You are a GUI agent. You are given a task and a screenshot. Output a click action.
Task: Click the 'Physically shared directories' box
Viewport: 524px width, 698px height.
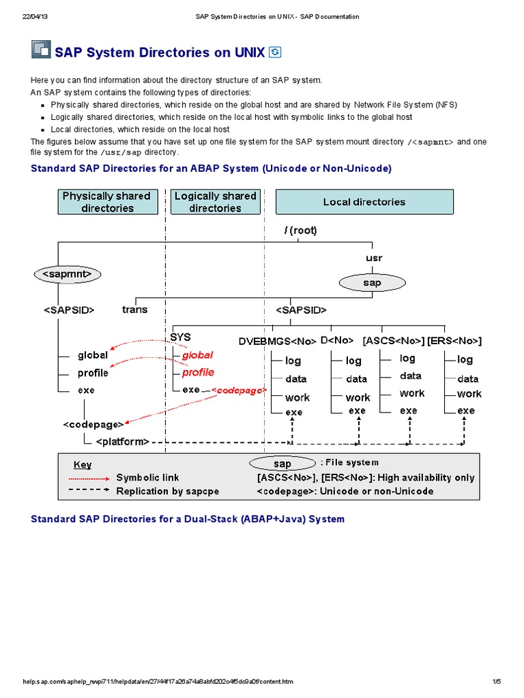pyautogui.click(x=106, y=202)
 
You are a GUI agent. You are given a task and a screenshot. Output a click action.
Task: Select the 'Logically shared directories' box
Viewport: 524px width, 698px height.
pyautogui.click(x=215, y=202)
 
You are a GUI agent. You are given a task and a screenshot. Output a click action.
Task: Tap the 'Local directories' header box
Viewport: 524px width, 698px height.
pyautogui.click(x=364, y=202)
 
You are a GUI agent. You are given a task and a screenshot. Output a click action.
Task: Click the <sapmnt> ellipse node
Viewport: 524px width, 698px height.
pyautogui.click(x=67, y=274)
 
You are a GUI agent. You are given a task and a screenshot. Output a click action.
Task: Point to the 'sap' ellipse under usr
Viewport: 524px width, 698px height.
pyautogui.click(x=372, y=282)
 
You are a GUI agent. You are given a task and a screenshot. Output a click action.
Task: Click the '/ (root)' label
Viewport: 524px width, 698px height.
pyautogui.click(x=301, y=230)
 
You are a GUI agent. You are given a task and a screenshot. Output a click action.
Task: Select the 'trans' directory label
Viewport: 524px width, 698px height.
pyautogui.click(x=134, y=309)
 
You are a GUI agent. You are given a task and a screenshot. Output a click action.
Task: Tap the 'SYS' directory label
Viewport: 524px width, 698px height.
pyautogui.click(x=180, y=337)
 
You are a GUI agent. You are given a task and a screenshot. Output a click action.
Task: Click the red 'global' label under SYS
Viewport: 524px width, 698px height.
pyautogui.click(x=197, y=354)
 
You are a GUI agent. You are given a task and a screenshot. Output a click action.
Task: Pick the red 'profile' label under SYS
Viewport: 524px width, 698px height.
pyautogui.click(x=198, y=372)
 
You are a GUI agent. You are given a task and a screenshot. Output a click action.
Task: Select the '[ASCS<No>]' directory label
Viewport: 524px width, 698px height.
pyautogui.click(x=394, y=340)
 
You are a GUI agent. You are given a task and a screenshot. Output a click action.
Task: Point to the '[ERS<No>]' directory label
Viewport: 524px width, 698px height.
pyautogui.click(x=454, y=340)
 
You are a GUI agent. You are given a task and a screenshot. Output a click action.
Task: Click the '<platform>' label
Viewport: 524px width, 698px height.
pyautogui.click(x=122, y=442)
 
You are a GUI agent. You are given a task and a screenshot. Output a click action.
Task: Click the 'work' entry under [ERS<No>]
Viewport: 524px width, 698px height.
pyautogui.click(x=469, y=394)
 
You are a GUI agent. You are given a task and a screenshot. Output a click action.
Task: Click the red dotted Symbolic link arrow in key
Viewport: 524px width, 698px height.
pyautogui.click(x=89, y=478)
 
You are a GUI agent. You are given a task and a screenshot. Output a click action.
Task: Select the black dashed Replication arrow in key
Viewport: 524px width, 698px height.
pyautogui.click(x=89, y=490)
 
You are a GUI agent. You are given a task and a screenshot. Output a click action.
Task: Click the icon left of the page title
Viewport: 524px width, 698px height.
pyautogui.click(x=41, y=50)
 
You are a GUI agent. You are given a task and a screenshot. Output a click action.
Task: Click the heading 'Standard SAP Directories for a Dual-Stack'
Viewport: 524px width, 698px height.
pyautogui.click(x=188, y=519)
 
